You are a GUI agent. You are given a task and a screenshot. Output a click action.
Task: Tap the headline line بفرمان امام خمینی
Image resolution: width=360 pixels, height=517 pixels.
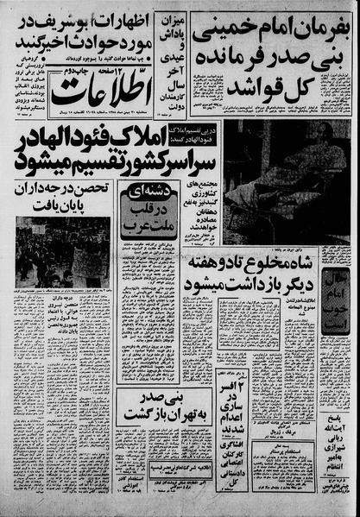(x=270, y=30)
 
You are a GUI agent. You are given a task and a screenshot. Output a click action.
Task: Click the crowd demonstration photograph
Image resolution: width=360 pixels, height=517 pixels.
(x=62, y=251)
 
